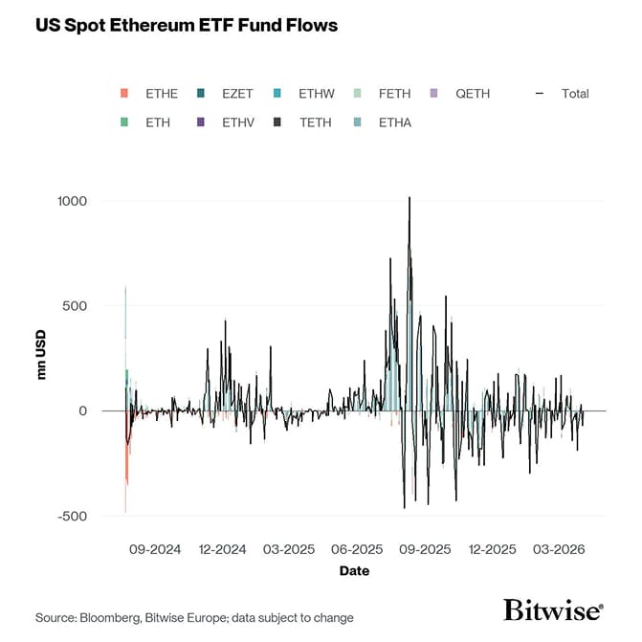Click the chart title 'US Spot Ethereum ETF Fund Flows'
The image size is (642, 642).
click(x=187, y=26)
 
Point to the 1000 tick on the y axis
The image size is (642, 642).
click(x=72, y=201)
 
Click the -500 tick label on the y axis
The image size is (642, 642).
click(x=72, y=517)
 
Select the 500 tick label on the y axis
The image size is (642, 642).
click(x=76, y=306)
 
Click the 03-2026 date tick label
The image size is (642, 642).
click(x=558, y=549)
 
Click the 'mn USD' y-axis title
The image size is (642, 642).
click(x=41, y=359)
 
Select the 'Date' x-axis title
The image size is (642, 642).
click(x=354, y=571)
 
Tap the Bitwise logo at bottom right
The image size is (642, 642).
click(x=553, y=610)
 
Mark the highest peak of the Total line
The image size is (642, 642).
click(x=410, y=198)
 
